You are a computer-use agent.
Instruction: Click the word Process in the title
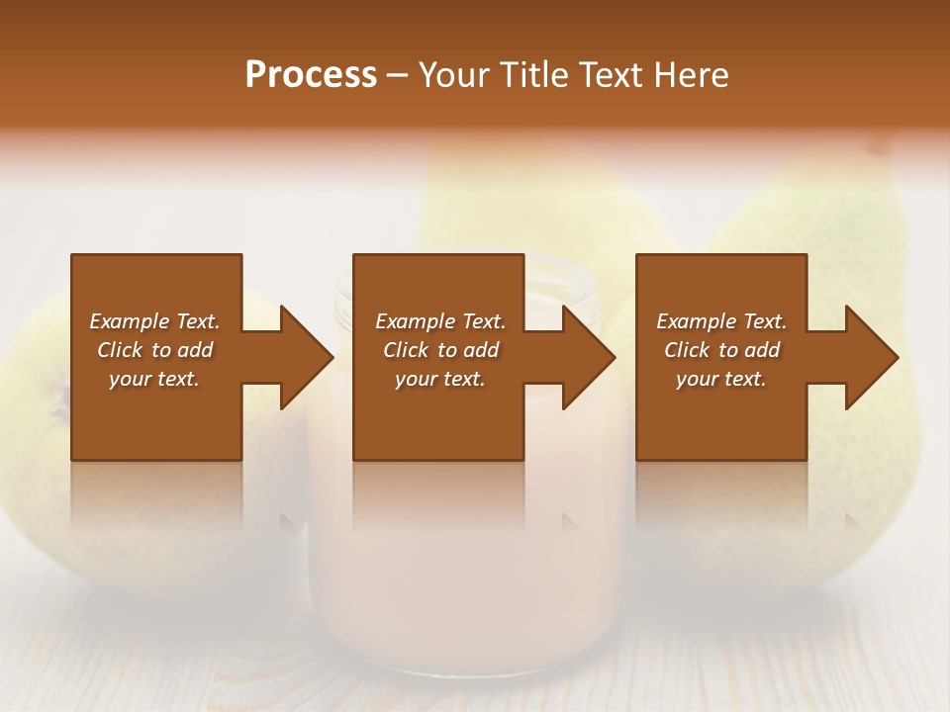pyautogui.click(x=311, y=75)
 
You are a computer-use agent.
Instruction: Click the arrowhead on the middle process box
pyautogui.click(x=588, y=357)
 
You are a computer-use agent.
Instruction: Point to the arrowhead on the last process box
pyautogui.click(x=871, y=357)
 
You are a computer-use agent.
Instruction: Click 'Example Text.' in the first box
pyautogui.click(x=154, y=321)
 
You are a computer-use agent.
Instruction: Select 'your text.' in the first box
pyautogui.click(x=154, y=379)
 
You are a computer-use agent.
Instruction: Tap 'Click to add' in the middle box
pyautogui.click(x=440, y=350)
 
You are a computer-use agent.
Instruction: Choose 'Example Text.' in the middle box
pyautogui.click(x=440, y=321)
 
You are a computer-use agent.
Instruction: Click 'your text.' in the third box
pyautogui.click(x=720, y=379)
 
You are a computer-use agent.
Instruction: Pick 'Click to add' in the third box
pyautogui.click(x=721, y=350)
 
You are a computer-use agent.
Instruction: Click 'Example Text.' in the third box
pyautogui.click(x=721, y=321)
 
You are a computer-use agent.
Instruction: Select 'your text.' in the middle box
pyautogui.click(x=440, y=379)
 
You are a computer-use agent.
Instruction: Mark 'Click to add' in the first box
pyautogui.click(x=154, y=350)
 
